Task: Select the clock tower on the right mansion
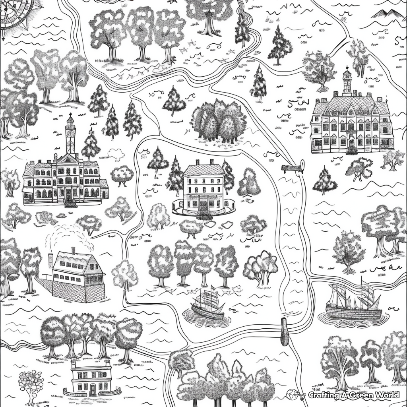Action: (x=347, y=81)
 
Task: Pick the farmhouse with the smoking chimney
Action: (x=78, y=274)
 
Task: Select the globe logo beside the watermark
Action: (x=293, y=395)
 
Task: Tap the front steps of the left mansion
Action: (x=70, y=203)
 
